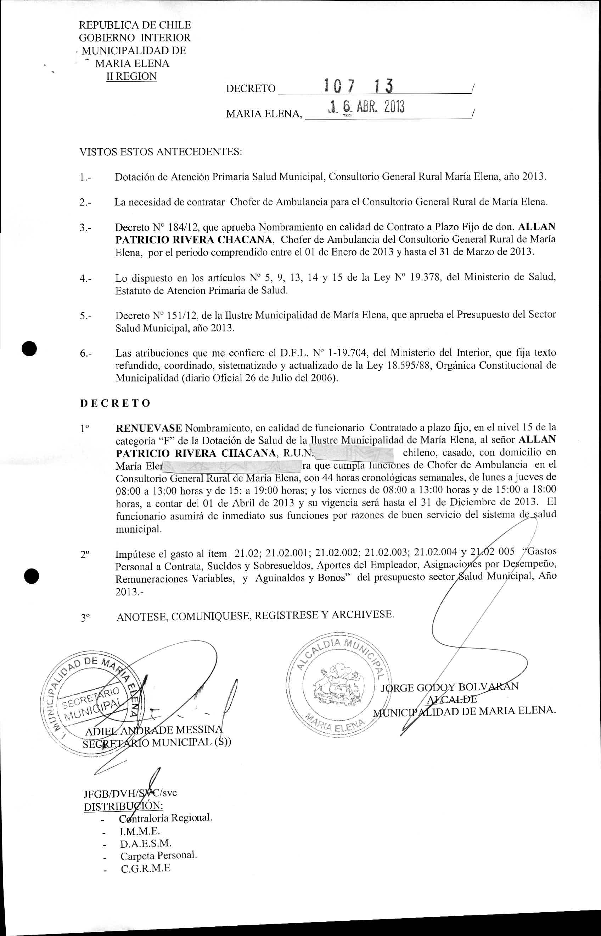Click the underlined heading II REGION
[x=131, y=76]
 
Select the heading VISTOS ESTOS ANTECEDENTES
[x=161, y=152]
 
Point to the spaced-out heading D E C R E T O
[x=115, y=403]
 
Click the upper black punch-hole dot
[x=30, y=348]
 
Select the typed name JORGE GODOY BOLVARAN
[x=450, y=687]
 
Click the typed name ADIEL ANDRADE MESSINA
[x=154, y=730]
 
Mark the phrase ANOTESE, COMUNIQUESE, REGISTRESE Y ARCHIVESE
[x=255, y=616]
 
